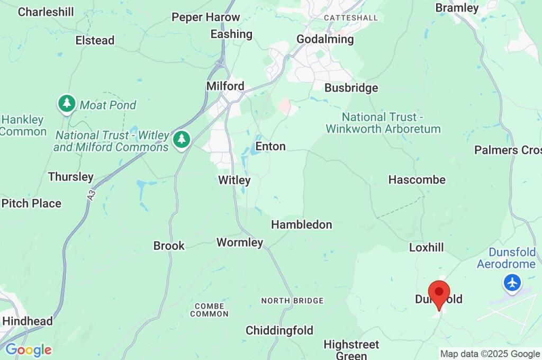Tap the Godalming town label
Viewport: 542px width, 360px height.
pos(325,39)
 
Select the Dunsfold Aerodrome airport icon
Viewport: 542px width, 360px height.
pos(512,283)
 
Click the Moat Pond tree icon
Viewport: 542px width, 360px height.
pos(67,104)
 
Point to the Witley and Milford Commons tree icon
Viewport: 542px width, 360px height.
pos(182,140)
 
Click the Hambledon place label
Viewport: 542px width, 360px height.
pos(301,224)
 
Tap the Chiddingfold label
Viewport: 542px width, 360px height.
pos(279,330)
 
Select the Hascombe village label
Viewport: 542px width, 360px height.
pos(417,179)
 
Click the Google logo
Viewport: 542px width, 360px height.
pos(28,350)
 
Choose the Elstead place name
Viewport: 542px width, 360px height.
pos(95,40)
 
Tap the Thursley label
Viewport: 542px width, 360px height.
pos(70,177)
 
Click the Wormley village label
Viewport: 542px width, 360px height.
pos(240,242)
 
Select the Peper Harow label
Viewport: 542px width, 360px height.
pos(205,17)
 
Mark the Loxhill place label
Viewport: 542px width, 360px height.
pos(426,247)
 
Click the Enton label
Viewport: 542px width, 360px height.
pos(270,146)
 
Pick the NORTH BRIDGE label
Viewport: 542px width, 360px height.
pos(292,301)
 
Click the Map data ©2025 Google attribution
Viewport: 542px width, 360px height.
pos(490,354)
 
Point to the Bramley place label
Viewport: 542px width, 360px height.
pos(457,8)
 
